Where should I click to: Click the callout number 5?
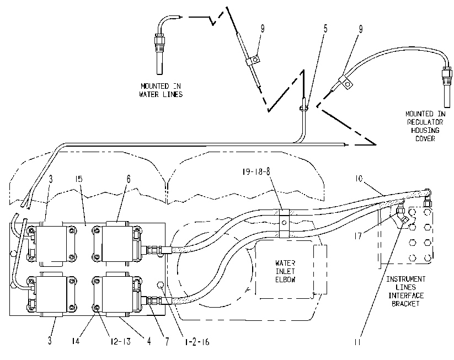325,29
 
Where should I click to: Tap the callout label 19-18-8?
257,171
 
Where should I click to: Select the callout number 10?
359,179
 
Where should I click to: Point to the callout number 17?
358,236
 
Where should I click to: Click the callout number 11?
357,342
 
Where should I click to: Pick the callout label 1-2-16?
197,342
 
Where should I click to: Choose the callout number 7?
167,342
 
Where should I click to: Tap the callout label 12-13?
120,341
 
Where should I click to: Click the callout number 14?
76,341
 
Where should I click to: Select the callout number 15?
78,179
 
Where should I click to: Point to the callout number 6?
129,179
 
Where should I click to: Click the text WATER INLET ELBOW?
285,271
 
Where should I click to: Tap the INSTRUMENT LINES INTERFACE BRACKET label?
405,291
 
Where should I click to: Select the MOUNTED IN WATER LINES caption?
161,90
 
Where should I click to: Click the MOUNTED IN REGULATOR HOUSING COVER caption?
425,126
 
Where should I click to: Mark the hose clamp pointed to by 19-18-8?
284,223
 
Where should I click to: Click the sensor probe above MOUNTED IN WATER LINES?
159,53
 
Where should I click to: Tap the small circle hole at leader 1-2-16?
160,286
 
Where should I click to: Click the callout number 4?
149,341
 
